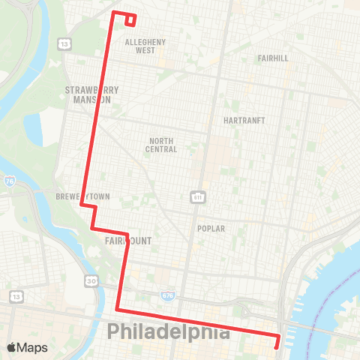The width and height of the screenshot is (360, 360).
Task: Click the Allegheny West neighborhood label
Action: tap(145, 46)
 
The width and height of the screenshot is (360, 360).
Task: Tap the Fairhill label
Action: tap(271, 58)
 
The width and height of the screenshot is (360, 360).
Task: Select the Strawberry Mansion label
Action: tap(88, 94)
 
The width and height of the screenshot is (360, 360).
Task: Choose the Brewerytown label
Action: tap(82, 196)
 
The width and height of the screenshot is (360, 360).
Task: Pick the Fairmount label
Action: tap(129, 241)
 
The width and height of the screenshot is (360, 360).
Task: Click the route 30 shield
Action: tap(91, 280)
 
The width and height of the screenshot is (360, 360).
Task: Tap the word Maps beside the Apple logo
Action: tap(34, 347)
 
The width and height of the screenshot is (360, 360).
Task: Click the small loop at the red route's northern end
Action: tap(130, 19)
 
